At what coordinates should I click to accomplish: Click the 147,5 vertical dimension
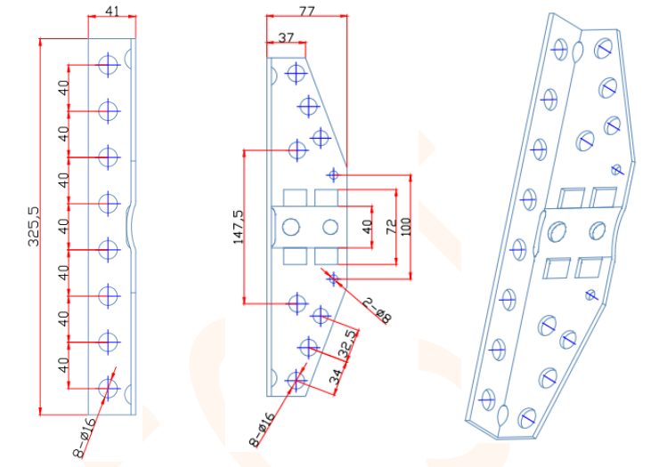tap(238, 227)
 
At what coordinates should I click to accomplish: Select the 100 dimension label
tap(406, 228)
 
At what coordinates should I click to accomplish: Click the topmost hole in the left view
tap(109, 64)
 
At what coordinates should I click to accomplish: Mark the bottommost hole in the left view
tap(109, 388)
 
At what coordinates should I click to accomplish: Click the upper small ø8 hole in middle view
tap(334, 174)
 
